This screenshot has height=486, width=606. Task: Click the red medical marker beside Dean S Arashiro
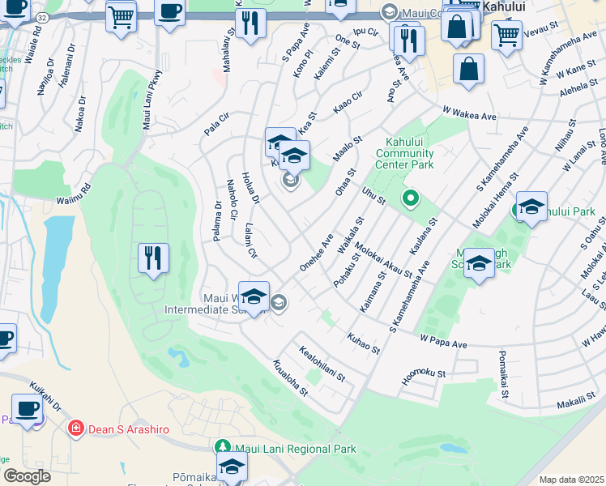[76, 428]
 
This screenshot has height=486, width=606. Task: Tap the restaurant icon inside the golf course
[153, 258]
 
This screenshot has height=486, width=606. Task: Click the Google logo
[27, 475]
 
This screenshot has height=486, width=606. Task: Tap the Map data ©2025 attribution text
[571, 480]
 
